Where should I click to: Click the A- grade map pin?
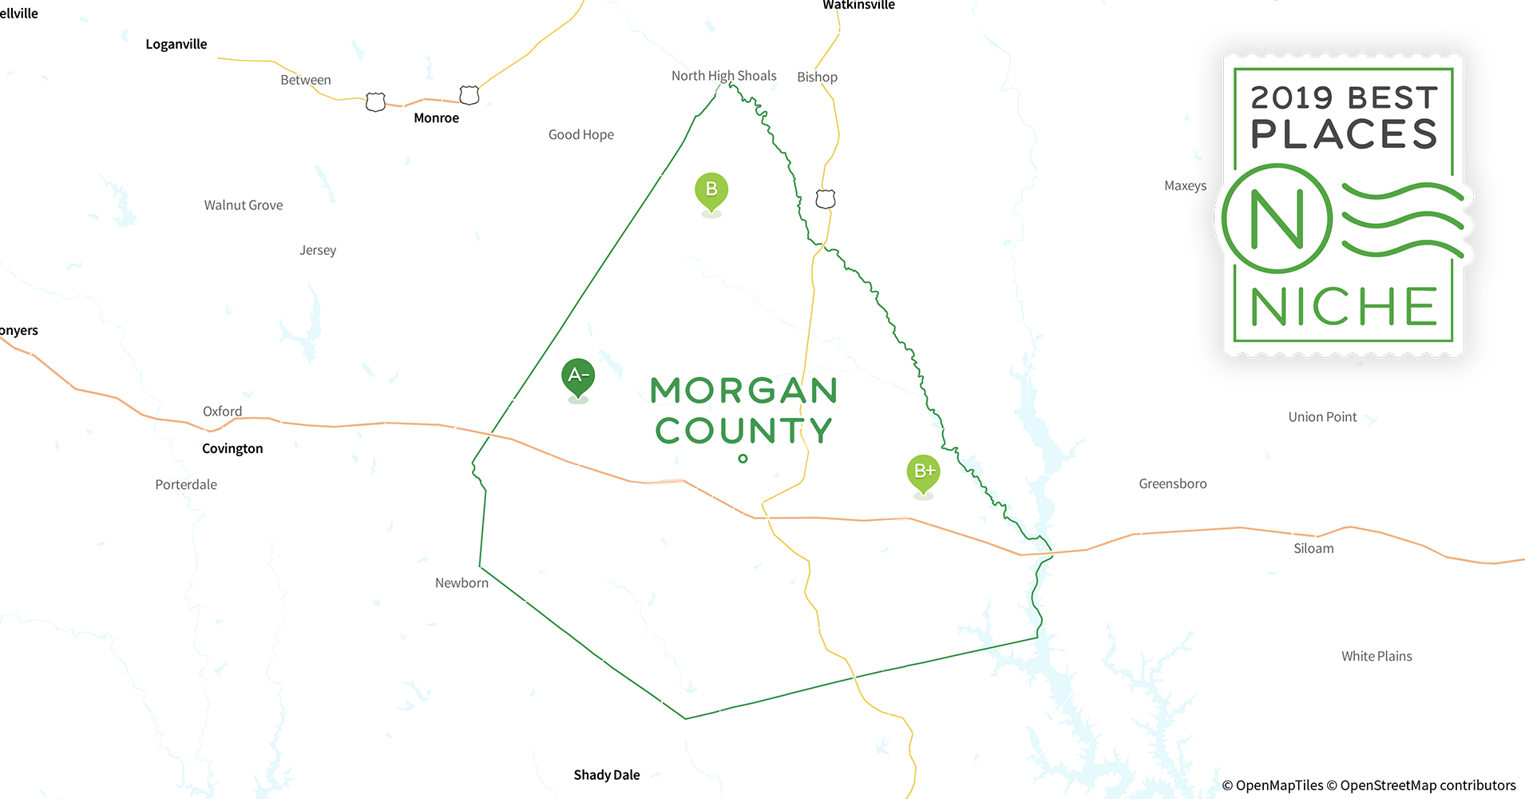pos(578,376)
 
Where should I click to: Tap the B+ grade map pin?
pos(923,472)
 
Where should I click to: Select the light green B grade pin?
pos(711,190)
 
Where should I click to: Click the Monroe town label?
pos(436,118)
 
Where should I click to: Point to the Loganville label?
pos(176,44)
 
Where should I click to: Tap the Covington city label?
pos(232,448)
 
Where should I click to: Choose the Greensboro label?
pos(1172,483)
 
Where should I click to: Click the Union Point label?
pos(1322,417)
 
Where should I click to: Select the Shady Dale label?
pos(607,775)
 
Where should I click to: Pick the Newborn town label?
pos(461,583)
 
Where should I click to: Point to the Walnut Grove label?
pos(244,205)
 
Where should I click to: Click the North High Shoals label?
pos(723,76)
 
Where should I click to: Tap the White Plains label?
pos(1376,656)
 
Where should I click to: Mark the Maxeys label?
pos(1185,186)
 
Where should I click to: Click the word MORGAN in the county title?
pos(744,391)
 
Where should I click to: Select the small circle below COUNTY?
pos(743,459)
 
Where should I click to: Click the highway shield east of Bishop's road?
pos(826,199)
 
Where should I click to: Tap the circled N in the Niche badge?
pos(1277,219)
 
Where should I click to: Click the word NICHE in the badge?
pos(1344,307)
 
